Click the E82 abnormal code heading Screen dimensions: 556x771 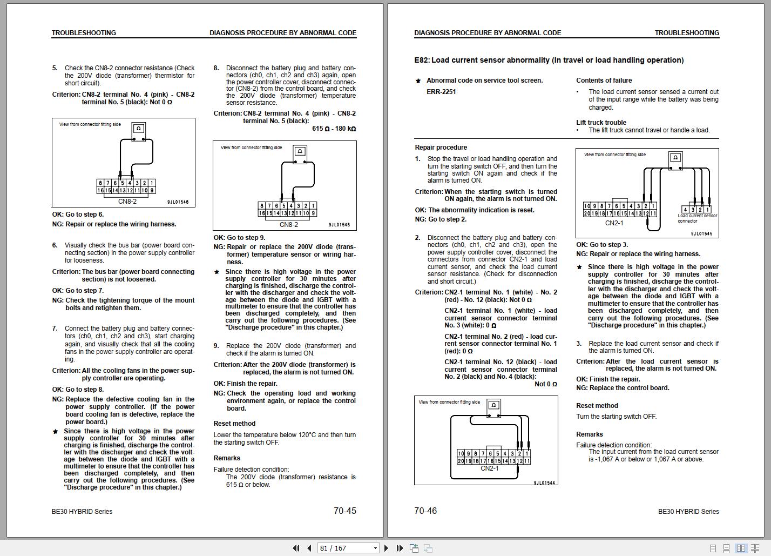[549, 60]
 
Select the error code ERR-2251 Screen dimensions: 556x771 [441, 92]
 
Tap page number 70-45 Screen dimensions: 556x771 [344, 511]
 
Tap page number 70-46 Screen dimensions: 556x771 [425, 511]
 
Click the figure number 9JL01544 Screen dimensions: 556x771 [545, 483]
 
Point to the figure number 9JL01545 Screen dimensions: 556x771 [701, 234]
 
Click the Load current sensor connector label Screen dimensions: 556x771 [697, 218]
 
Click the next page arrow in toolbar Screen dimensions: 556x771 [386, 548]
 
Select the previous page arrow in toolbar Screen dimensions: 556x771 [309, 548]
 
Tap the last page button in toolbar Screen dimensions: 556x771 [400, 548]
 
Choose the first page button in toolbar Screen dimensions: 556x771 [296, 548]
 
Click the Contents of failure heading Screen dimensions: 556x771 [604, 81]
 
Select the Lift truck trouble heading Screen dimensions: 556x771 [601, 123]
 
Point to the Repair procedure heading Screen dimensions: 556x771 [441, 148]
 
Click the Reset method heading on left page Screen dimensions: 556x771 [234, 424]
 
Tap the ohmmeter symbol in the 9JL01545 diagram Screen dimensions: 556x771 [675, 158]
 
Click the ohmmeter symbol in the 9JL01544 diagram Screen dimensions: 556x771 [493, 405]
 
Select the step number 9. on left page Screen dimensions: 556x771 [216, 346]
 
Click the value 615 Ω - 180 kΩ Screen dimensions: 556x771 [334, 129]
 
